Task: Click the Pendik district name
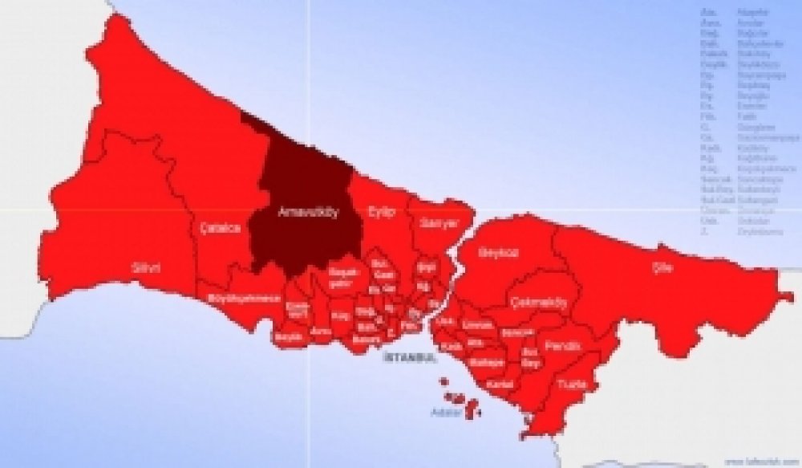pos(557,345)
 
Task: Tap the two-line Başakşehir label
pos(342,277)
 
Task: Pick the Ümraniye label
pos(479,324)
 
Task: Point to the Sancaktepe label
pos(517,332)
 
